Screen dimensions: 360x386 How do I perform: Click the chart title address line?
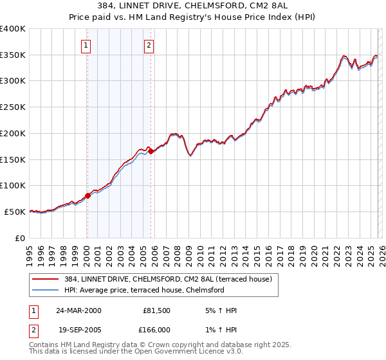click(x=193, y=6)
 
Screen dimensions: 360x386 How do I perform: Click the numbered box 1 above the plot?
click(x=86, y=45)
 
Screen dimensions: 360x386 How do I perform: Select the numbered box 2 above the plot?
click(x=149, y=45)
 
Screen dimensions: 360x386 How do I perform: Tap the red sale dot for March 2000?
click(x=88, y=195)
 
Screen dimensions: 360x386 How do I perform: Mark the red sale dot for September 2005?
click(x=151, y=151)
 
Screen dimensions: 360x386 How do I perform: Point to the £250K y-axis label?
click(x=12, y=107)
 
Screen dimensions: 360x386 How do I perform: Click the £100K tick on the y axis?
click(x=12, y=186)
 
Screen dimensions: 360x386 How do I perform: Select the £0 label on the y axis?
click(x=21, y=238)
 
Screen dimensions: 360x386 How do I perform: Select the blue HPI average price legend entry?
click(x=143, y=290)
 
